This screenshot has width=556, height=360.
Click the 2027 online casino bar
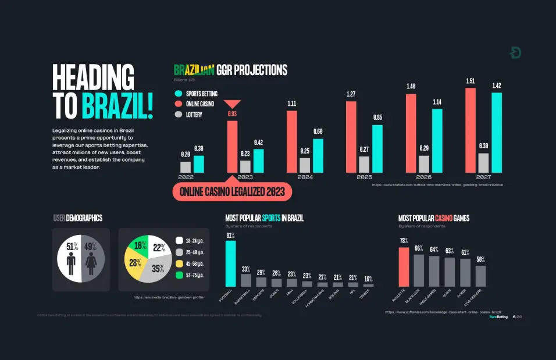point(471,130)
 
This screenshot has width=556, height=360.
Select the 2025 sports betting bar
point(377,149)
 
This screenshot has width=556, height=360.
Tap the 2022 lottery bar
point(186,167)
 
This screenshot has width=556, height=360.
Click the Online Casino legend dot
point(179,104)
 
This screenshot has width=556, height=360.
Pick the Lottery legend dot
point(179,115)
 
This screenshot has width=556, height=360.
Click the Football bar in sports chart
point(230,263)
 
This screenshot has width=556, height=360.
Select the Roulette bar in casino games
point(404,267)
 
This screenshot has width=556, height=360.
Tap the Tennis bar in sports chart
point(368,285)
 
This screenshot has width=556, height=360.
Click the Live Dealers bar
point(480,276)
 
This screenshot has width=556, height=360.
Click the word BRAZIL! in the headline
point(117,105)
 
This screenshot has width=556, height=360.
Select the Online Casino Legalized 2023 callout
point(232,191)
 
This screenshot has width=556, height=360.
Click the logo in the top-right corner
point(515,53)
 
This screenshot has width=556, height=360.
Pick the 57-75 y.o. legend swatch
point(180,275)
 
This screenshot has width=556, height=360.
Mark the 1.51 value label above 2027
point(471,81)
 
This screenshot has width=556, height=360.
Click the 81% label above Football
point(230,236)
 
